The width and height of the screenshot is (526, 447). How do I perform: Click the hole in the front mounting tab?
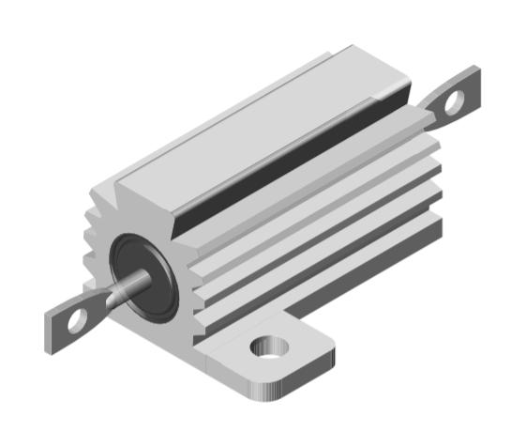[x=272, y=348]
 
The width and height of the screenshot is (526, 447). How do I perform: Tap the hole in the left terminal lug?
[x=76, y=321]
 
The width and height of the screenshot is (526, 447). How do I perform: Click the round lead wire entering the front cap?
[x=131, y=285]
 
